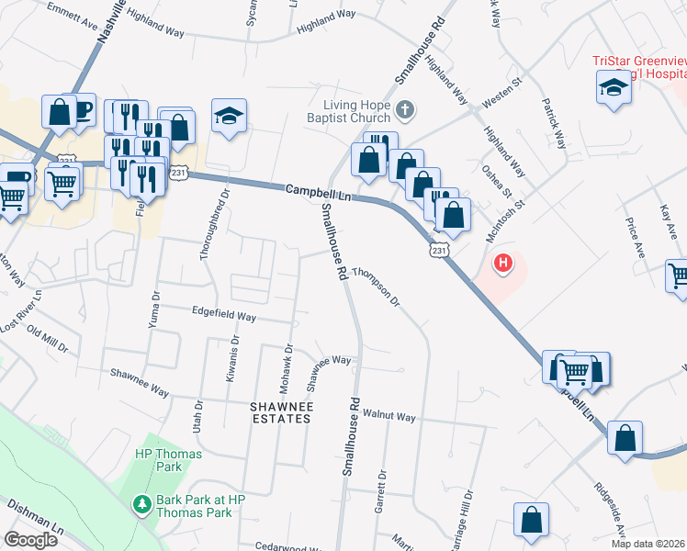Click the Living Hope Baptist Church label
[356, 111]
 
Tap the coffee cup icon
[82, 110]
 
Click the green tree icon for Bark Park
[142, 504]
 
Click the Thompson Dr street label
[377, 287]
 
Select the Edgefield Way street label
[223, 315]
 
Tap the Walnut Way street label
[389, 416]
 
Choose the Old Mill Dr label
[47, 337]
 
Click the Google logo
[31, 540]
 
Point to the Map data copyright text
[648, 544]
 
